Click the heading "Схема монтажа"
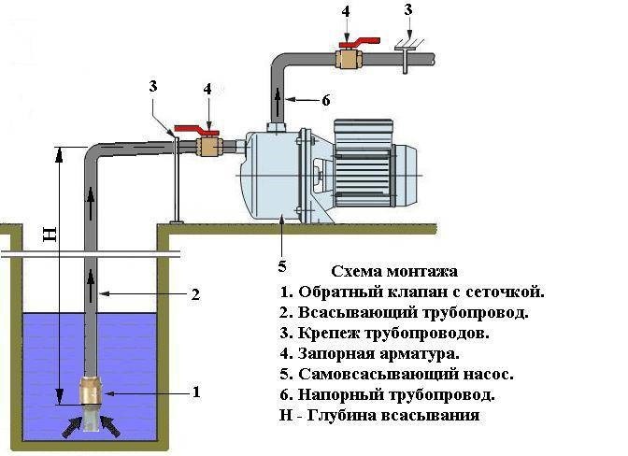coord(393,270)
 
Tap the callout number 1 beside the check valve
coord(196,392)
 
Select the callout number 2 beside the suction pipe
coord(196,294)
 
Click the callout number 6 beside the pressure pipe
coord(326,99)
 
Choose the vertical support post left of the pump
coord(175,178)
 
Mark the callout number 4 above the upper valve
coord(347,12)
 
